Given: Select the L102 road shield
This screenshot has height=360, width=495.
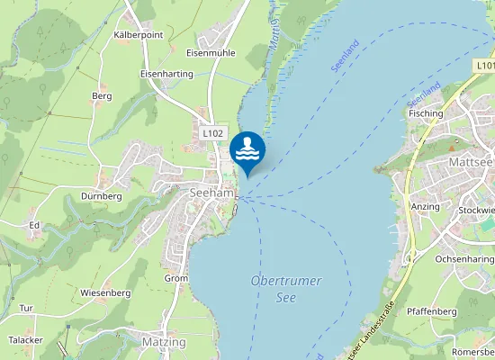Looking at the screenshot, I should click(x=212, y=133).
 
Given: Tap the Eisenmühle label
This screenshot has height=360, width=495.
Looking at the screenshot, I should click(x=210, y=53).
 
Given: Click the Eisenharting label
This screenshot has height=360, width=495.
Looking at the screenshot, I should click(x=167, y=74).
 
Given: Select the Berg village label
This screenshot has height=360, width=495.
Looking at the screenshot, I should click(x=102, y=95).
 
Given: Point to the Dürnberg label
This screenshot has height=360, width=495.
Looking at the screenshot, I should click(x=101, y=196).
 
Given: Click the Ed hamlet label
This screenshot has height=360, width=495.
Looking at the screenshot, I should click(x=34, y=224).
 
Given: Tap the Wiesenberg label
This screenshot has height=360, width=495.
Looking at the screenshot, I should click(x=105, y=292).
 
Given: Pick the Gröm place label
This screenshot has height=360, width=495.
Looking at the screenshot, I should click(x=176, y=278).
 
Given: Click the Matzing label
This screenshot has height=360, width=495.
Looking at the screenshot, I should click(x=164, y=342).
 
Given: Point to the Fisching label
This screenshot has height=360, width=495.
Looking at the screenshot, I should click(x=426, y=114).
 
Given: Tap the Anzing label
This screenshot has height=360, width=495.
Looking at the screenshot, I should click(x=426, y=207).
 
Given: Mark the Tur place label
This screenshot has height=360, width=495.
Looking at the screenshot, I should click(x=26, y=308).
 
